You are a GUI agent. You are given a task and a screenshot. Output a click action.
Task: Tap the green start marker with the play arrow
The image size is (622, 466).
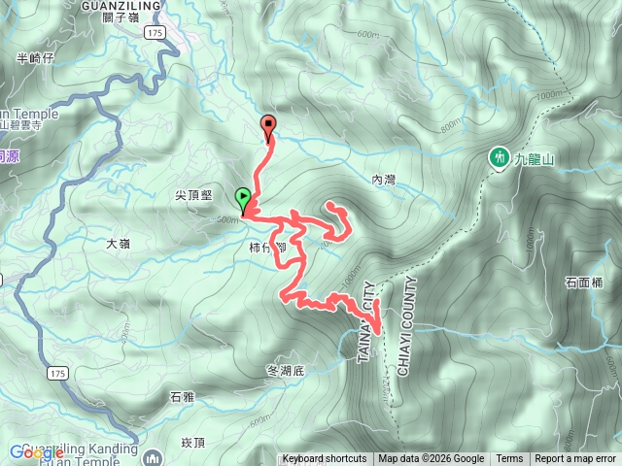(242, 199)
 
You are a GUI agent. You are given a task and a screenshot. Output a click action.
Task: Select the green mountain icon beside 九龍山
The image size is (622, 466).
(500, 156)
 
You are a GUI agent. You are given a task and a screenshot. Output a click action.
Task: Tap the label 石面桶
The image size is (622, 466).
(583, 283)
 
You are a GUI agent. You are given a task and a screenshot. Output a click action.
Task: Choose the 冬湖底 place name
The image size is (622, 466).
(285, 370)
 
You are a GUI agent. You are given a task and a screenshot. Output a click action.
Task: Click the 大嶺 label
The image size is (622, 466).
(118, 244)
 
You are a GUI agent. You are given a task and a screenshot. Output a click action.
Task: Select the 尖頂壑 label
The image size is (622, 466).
(193, 195)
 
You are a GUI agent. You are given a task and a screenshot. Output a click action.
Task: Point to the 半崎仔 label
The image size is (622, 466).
(35, 58)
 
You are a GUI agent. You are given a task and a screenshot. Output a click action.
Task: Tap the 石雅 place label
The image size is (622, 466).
(182, 396)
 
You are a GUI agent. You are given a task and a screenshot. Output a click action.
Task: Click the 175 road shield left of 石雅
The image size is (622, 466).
(55, 372)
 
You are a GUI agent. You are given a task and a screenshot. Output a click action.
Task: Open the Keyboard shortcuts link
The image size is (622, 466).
(325, 459)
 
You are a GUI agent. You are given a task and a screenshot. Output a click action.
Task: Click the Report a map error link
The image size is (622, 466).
(575, 459)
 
